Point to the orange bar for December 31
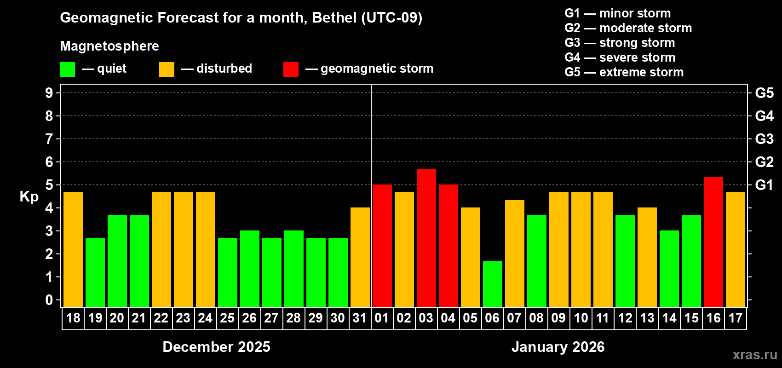point(360,257)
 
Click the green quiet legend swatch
point(68,69)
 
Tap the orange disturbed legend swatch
point(167,69)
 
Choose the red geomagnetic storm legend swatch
point(291,69)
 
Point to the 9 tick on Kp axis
point(49,93)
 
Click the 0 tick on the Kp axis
point(49,300)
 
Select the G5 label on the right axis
point(764,93)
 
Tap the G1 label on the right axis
point(764,185)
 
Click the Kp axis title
point(29,197)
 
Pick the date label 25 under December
point(227,318)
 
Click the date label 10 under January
point(581,318)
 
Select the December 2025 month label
point(216,347)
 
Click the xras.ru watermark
point(755,355)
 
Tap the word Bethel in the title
point(334,17)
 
